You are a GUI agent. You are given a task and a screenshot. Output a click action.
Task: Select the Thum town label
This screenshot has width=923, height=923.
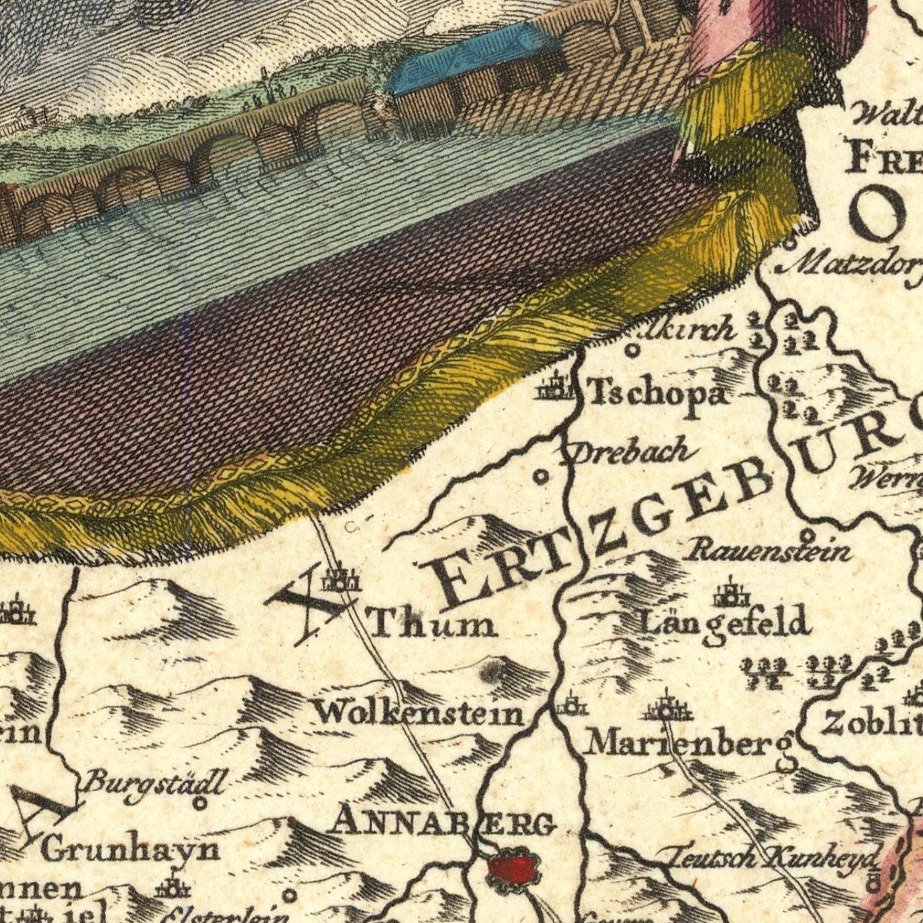[433, 625]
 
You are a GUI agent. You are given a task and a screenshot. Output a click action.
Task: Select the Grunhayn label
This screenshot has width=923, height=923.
[130, 850]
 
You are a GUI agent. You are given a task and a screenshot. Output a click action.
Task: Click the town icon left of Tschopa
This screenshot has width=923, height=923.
[556, 388]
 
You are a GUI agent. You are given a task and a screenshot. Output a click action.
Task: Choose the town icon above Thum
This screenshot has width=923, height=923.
[340, 580]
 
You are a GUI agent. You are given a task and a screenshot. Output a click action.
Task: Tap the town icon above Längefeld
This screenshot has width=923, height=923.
[732, 593]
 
